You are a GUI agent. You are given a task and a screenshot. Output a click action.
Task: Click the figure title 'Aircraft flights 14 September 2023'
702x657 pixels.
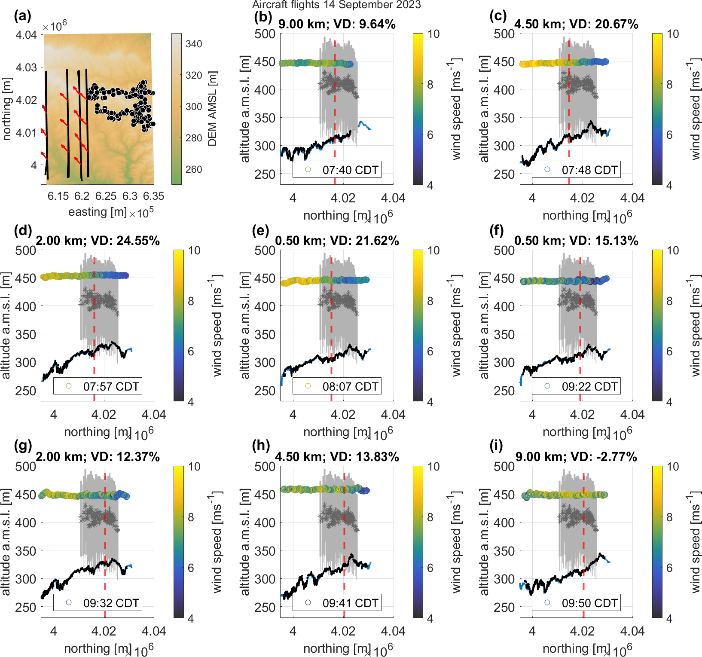336,5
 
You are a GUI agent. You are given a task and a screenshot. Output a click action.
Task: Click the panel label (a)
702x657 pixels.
22,16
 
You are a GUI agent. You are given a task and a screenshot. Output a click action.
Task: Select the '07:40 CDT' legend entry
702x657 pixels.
337,170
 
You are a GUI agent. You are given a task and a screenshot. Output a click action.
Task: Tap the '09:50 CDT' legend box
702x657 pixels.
576,603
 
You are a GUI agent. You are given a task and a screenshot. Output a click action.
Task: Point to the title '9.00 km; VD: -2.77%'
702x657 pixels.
576,457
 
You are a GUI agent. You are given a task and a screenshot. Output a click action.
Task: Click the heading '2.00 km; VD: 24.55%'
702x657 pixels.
98,241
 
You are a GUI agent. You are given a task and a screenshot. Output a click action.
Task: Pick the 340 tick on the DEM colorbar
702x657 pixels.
194,44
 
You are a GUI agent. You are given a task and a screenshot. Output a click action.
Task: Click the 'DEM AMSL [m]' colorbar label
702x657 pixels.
213,109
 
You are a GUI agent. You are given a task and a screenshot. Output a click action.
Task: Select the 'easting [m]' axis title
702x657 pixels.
98,212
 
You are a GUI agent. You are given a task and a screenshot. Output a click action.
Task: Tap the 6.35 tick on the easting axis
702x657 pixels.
153,196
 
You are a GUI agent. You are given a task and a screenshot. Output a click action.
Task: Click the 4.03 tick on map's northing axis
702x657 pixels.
26,67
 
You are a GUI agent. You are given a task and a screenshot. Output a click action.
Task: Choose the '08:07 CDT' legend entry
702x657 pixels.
337,386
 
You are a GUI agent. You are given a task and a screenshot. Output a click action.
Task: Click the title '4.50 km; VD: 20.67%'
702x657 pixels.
576,24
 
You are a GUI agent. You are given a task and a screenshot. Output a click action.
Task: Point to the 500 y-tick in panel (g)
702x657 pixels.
26,467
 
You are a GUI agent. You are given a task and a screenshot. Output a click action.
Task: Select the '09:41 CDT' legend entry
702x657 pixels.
337,603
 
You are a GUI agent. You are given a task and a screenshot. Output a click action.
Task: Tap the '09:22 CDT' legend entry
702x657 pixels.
576,386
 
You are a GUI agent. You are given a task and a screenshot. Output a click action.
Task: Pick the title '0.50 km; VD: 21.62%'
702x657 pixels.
337,241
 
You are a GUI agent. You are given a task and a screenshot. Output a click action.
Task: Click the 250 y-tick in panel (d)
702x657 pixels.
26,391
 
